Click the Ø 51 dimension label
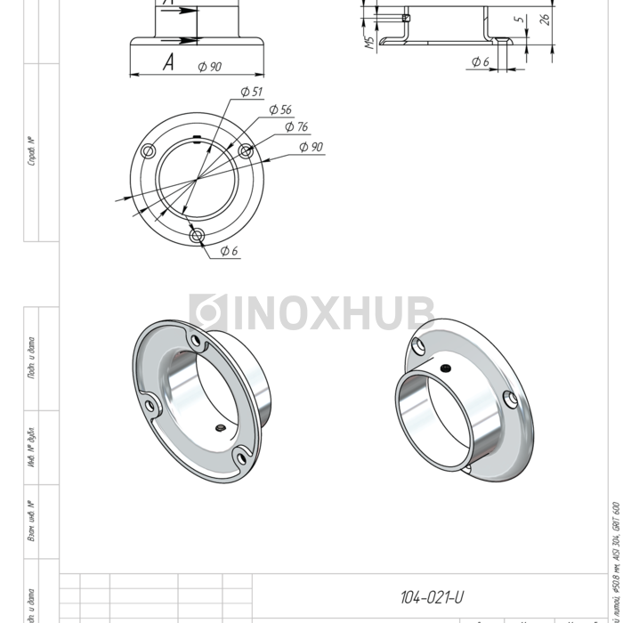[x=251, y=92]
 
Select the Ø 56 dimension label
[x=279, y=109]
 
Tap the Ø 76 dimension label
[x=295, y=127]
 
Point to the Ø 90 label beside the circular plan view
[x=311, y=147]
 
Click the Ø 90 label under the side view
[x=210, y=67]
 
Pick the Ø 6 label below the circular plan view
[x=229, y=251]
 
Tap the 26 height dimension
[x=545, y=18]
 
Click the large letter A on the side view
[x=168, y=61]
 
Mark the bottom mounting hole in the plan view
[x=198, y=235]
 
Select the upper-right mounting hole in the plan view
[x=247, y=150]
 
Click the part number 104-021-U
[x=433, y=597]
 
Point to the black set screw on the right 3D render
[x=445, y=368]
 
